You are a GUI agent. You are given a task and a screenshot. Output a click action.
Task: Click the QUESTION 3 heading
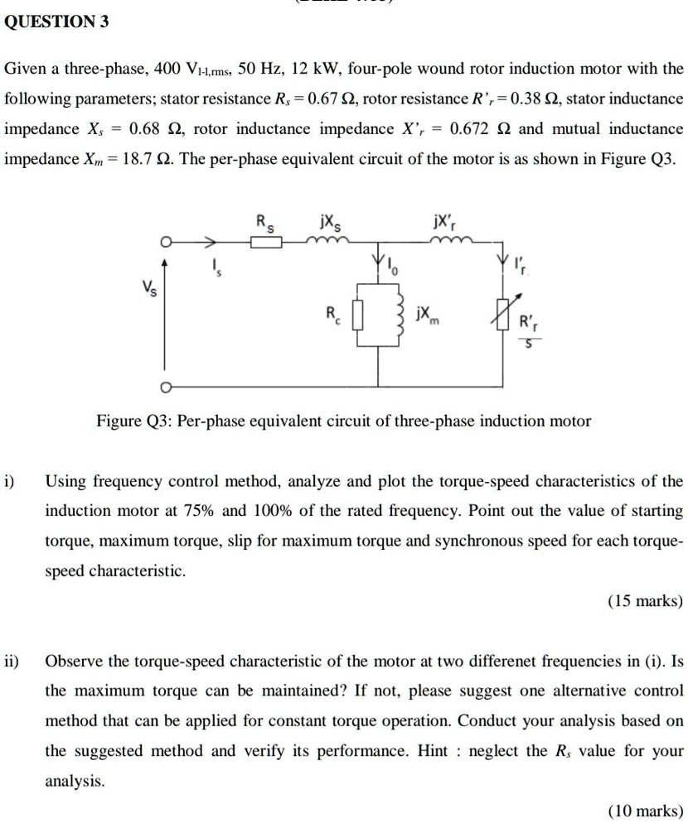coord(56,22)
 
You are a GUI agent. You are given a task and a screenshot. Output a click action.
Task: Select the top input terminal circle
coord(166,243)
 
